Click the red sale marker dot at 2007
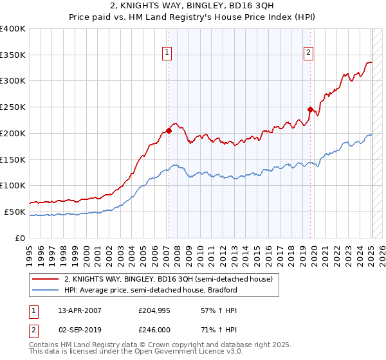[169, 130]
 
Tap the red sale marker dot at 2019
[310, 109]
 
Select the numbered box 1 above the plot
[167, 53]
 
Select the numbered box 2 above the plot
[309, 53]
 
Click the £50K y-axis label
[15, 212]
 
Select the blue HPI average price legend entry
[151, 290]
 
